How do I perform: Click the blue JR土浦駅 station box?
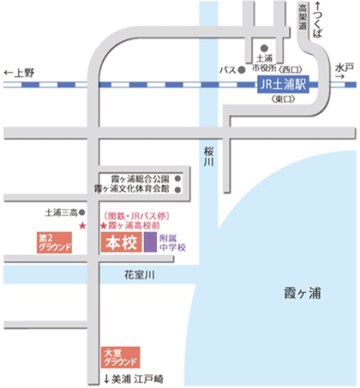tap(283, 85)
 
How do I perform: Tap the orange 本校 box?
tap(122, 242)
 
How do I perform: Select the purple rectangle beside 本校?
tap(150, 242)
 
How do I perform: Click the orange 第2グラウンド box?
tap(54, 242)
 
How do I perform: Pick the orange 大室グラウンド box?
tap(121, 357)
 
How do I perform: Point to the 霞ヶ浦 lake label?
tap(303, 293)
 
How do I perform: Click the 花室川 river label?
tap(140, 275)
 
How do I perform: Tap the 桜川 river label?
tap(208, 157)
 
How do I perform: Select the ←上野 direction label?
tap(19, 73)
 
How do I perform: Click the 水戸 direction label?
tap(345, 71)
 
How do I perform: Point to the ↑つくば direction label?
tap(317, 20)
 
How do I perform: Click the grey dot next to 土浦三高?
tap(82, 212)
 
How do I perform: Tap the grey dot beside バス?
tap(242, 69)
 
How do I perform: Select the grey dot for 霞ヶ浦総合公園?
tap(177, 179)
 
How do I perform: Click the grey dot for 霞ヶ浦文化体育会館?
tap(177, 189)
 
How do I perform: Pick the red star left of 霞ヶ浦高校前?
tap(103, 226)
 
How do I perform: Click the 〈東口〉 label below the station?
tap(283, 99)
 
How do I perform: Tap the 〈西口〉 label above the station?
tap(291, 69)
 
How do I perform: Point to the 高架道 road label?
tap(303, 17)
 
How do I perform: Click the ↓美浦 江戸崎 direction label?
tap(134, 379)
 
